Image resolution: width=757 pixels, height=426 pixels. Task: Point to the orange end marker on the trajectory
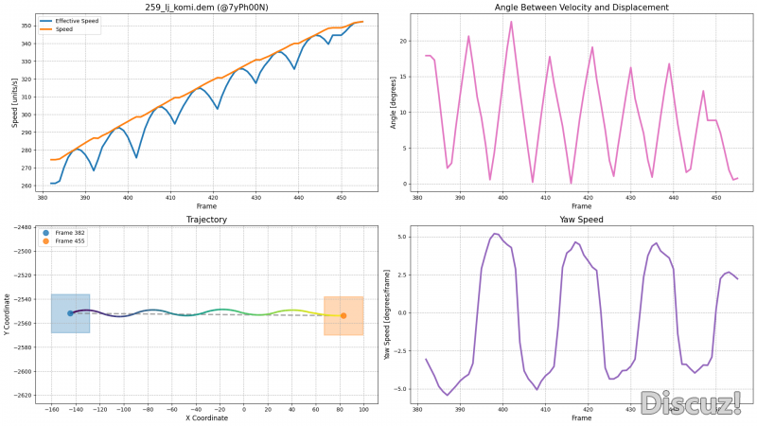click(x=343, y=315)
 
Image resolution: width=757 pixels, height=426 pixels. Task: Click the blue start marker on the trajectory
click(x=70, y=313)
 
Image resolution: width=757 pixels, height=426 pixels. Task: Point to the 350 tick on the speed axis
click(x=26, y=26)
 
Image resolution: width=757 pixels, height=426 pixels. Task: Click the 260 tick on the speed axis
click(x=26, y=186)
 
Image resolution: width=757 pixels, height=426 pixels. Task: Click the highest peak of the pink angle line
click(x=511, y=22)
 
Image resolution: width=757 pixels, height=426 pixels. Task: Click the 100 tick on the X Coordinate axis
click(x=363, y=409)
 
